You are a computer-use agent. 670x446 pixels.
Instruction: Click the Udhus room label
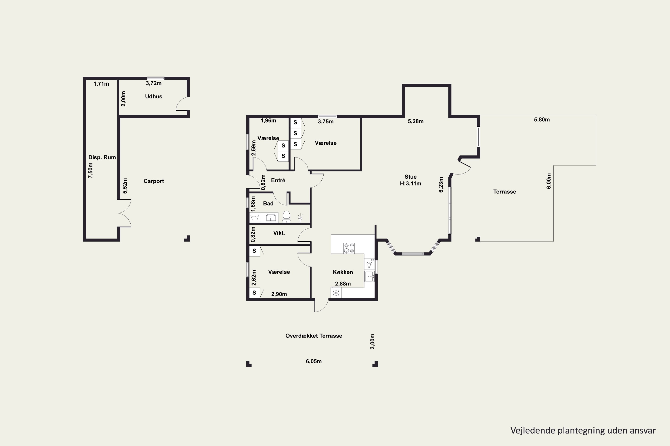tap(154, 96)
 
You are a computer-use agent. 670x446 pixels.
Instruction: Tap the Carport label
tap(154, 181)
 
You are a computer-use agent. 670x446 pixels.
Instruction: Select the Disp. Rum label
tap(102, 157)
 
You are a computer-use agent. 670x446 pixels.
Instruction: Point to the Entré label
tap(278, 180)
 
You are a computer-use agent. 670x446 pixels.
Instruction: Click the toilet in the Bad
tap(286, 217)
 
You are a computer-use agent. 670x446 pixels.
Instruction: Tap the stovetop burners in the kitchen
tap(349, 248)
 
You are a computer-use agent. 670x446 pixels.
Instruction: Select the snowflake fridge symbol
tap(336, 292)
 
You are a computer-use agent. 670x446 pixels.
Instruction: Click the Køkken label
tap(343, 272)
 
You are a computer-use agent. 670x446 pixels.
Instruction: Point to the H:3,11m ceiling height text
tap(410, 184)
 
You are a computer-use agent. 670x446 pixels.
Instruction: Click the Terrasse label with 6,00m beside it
tap(505, 192)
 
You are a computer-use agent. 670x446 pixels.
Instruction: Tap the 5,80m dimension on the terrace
tap(542, 120)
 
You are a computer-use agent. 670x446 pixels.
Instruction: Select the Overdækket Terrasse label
tap(314, 336)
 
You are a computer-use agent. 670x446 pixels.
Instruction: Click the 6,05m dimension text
tap(314, 361)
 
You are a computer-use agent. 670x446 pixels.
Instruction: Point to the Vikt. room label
tap(279, 233)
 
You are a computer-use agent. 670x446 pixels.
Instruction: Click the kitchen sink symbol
tap(369, 277)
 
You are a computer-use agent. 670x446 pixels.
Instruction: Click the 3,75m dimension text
tap(326, 122)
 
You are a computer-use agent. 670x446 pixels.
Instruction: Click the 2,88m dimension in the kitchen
tap(343, 284)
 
